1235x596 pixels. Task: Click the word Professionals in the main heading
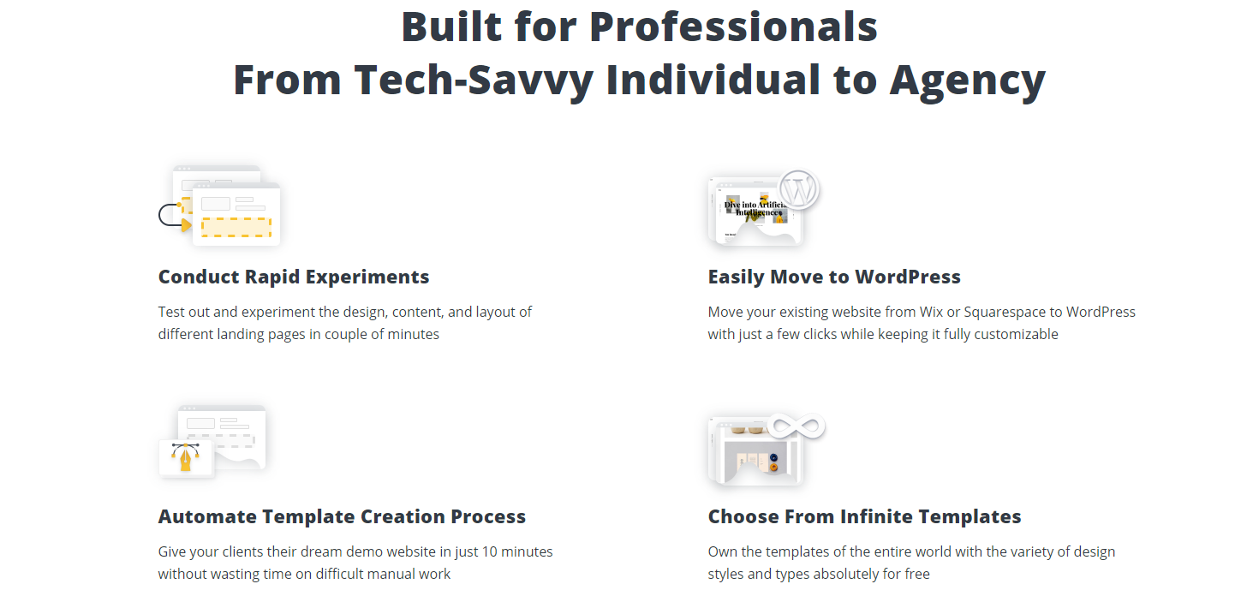tap(733, 27)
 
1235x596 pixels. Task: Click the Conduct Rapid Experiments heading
tap(293, 277)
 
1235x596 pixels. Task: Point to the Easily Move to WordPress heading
tap(834, 277)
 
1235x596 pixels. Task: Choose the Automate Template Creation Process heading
tap(342, 516)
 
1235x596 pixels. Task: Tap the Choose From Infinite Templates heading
tap(864, 516)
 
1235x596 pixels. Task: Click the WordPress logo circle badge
tap(798, 189)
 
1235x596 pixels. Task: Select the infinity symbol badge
tap(796, 426)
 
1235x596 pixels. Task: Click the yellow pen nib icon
tap(186, 457)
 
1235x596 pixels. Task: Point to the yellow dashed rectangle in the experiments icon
tap(236, 227)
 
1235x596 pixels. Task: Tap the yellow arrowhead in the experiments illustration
tap(187, 224)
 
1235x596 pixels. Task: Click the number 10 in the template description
tap(490, 551)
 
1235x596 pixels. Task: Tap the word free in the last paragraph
tap(917, 574)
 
